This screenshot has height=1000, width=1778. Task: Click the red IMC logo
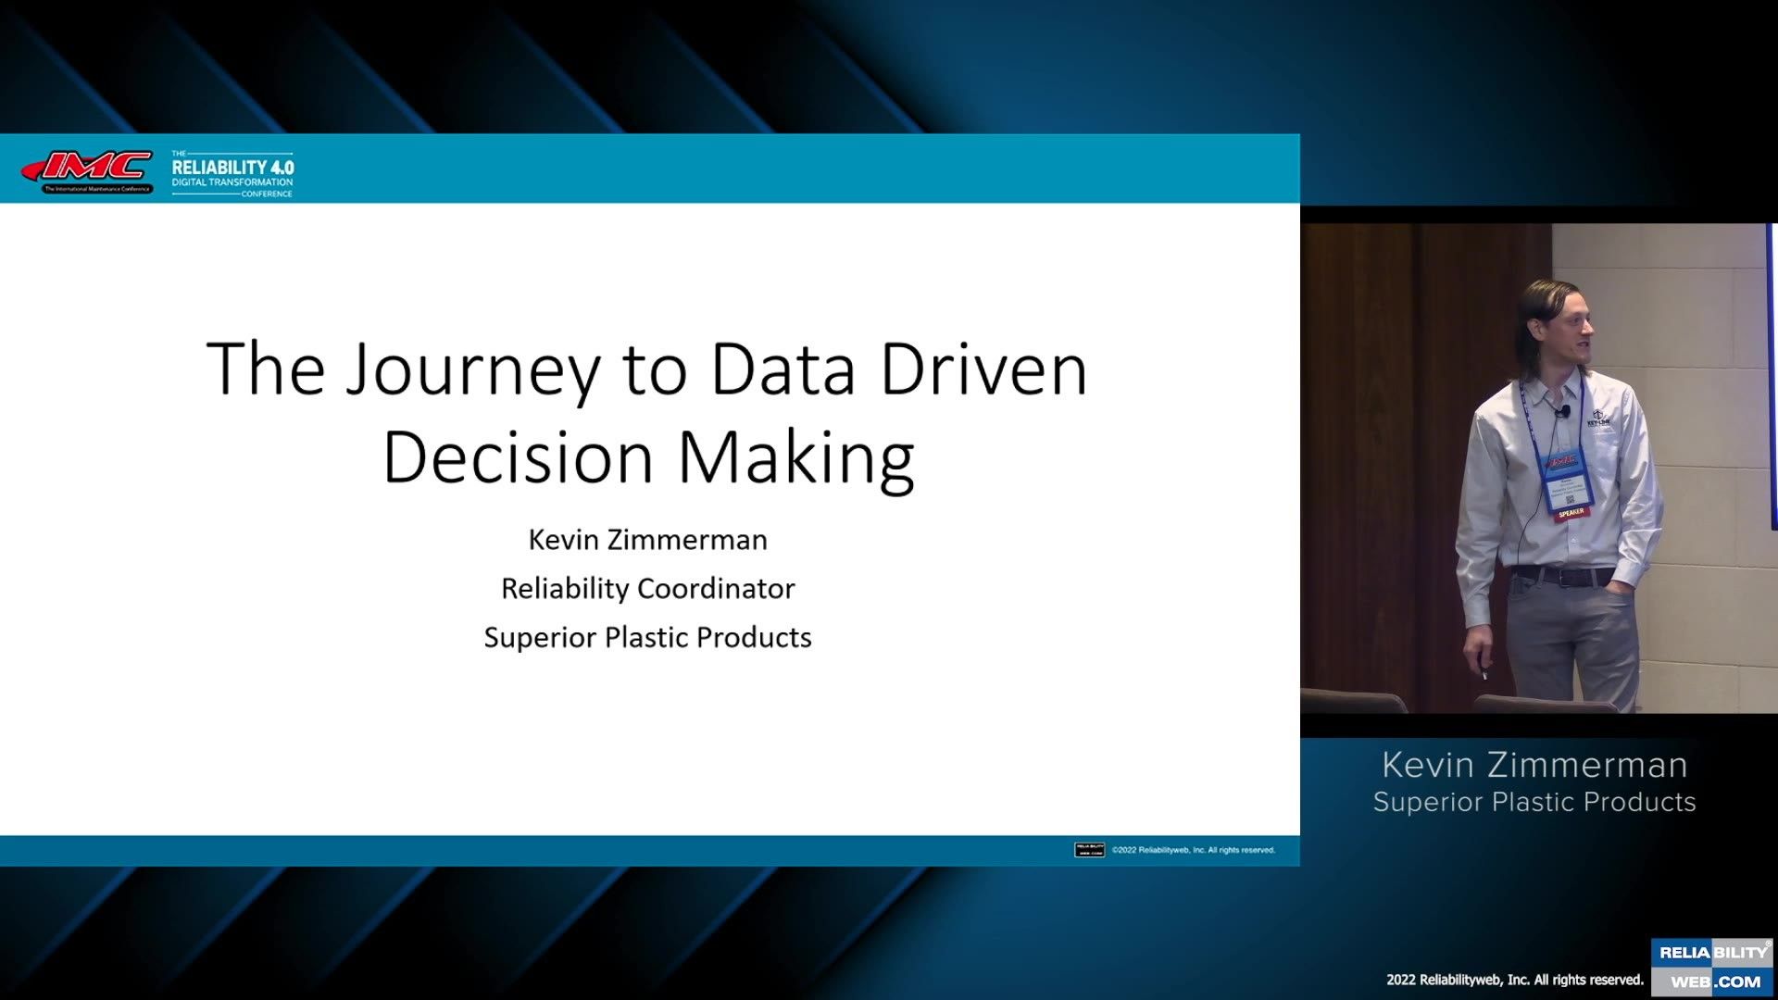(88, 169)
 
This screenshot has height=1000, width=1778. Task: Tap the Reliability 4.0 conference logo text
(232, 172)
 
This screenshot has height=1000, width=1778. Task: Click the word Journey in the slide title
(473, 370)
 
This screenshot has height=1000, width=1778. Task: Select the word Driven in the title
(983, 370)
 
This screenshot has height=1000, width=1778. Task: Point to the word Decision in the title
(518, 457)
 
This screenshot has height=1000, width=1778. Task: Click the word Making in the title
(796, 459)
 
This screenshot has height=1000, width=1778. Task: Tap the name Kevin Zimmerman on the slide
(647, 540)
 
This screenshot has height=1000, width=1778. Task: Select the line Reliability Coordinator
(647, 589)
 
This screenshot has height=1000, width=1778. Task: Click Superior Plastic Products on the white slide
(647, 638)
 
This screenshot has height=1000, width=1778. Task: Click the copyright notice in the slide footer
(1193, 850)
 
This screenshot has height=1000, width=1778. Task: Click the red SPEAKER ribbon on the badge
(1571, 512)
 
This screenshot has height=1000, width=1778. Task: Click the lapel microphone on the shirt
(1564, 410)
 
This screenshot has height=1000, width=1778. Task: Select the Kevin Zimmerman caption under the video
(1534, 766)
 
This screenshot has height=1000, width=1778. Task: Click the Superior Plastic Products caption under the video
(1534, 802)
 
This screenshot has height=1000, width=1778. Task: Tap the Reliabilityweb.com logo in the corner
(1713, 968)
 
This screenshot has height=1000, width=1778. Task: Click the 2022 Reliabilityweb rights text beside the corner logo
(1514, 980)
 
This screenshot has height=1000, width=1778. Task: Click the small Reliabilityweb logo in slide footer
(1089, 850)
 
